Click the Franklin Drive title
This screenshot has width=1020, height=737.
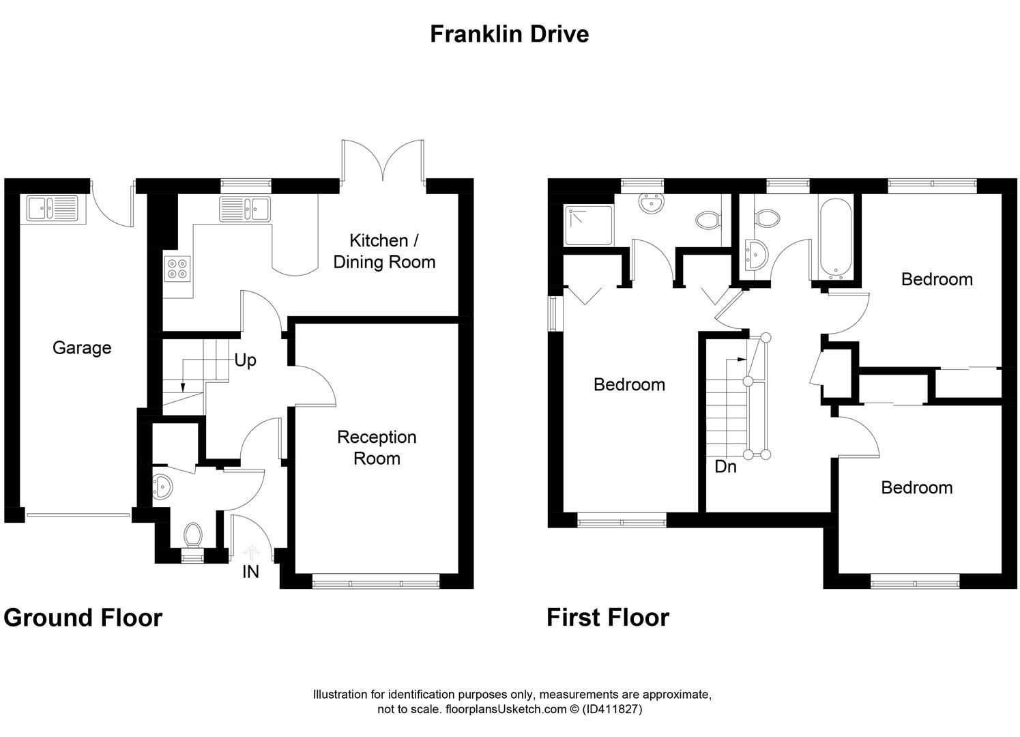click(509, 33)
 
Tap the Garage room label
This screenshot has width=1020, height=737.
click(82, 348)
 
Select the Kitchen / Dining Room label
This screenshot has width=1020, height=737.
click(384, 251)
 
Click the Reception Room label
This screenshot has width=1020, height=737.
click(377, 448)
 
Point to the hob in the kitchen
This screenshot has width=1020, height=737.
click(178, 268)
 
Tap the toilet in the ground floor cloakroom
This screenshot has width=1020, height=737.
click(193, 535)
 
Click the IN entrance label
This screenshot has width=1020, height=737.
click(250, 572)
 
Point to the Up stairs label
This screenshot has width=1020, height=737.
click(245, 360)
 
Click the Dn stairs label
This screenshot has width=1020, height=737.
click(725, 467)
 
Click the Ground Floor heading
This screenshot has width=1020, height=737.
click(83, 618)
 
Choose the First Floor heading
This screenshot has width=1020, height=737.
click(608, 618)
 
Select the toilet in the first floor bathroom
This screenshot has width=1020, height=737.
click(768, 218)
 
